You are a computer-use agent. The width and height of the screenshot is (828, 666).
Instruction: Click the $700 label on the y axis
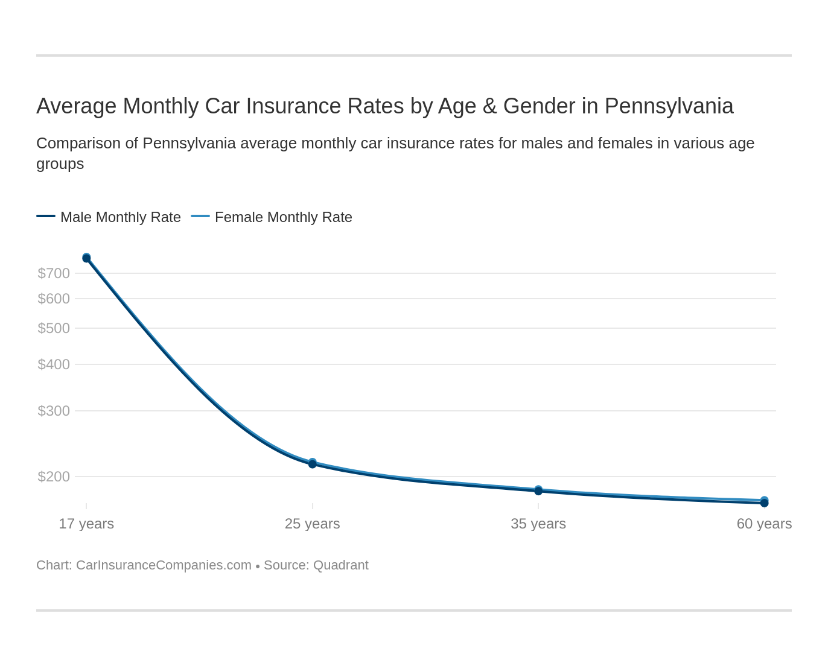[54, 273]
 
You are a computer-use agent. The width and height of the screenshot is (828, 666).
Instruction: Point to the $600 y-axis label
[54, 299]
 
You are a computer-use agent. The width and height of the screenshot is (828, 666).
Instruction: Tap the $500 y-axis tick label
[54, 328]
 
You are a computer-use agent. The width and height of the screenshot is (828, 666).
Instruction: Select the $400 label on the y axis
[54, 364]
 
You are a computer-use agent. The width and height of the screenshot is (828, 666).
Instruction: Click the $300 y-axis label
[54, 411]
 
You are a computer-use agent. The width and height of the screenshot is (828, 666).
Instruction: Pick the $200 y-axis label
[54, 477]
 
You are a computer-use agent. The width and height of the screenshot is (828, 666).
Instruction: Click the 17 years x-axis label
[86, 524]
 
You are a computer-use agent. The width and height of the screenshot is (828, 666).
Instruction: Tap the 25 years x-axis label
[312, 524]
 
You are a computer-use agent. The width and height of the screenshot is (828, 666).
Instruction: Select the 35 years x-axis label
[538, 524]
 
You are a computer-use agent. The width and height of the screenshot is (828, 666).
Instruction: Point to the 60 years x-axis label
[763, 524]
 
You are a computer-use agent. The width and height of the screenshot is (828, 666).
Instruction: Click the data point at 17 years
[86, 258]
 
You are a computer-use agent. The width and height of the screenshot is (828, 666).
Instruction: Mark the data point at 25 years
[312, 463]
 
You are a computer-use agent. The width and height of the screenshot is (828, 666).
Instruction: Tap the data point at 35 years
[538, 490]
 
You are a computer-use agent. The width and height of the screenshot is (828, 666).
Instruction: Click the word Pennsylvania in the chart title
[669, 106]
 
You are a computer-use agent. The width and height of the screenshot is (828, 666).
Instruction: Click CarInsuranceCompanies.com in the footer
[164, 565]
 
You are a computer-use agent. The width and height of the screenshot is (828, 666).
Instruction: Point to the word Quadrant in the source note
[340, 565]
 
